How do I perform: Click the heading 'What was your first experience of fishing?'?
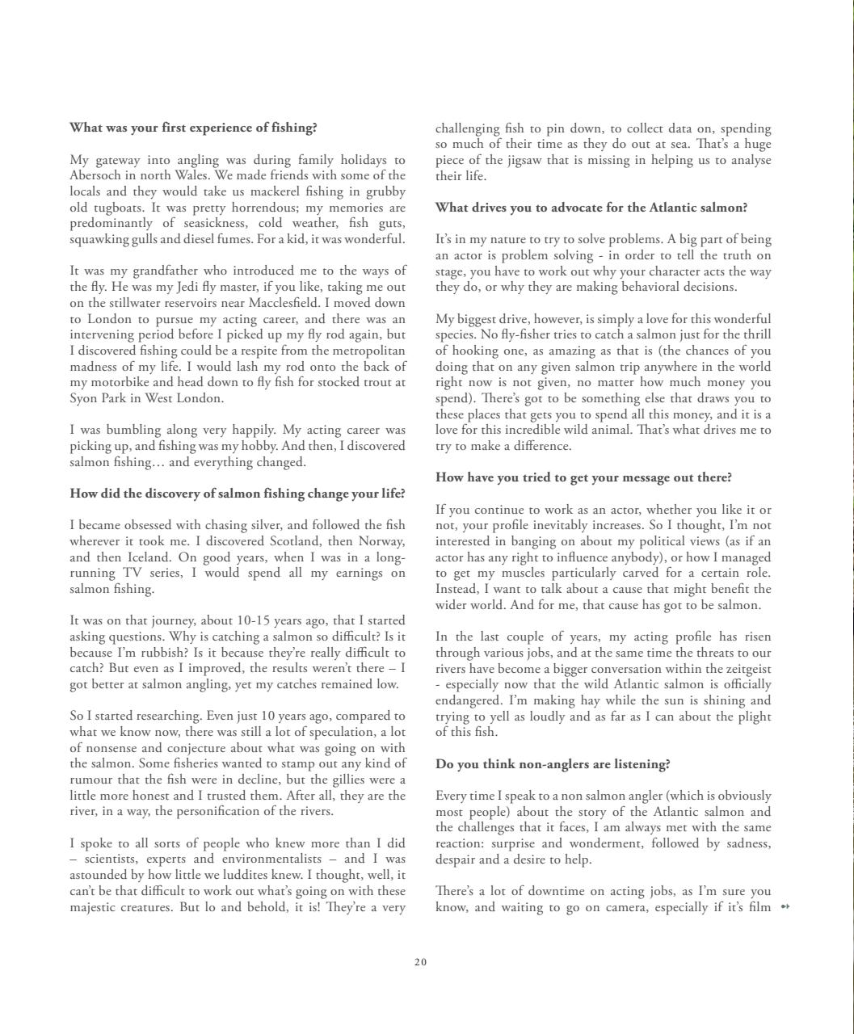click(193, 128)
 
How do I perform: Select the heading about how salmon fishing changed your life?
click(238, 494)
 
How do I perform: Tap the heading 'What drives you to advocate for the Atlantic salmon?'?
click(591, 208)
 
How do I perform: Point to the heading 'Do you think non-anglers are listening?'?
click(553, 764)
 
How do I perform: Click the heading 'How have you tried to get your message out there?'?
click(583, 477)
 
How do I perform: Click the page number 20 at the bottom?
click(420, 962)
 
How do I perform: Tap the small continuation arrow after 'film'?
click(785, 907)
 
